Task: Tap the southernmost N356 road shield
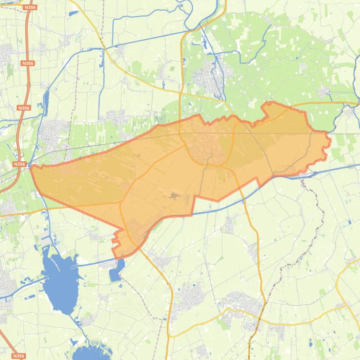click(18, 356)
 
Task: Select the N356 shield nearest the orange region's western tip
click(19, 164)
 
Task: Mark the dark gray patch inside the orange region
click(175, 196)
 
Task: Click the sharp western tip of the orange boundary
click(31, 167)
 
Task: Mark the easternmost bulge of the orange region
click(330, 140)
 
